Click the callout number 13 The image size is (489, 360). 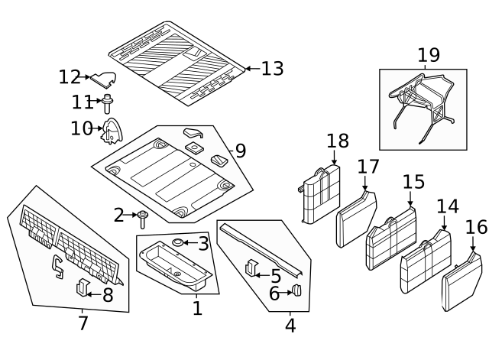coord(271,69)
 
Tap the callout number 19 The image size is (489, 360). coord(429,55)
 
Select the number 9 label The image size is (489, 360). coord(240,151)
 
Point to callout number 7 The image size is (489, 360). coord(83,323)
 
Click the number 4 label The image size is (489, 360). coord(290,326)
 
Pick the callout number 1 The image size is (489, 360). coord(197,308)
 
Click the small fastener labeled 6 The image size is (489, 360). coord(297,290)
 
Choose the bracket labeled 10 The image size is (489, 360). coord(113,131)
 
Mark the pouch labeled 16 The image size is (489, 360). coord(462,282)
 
